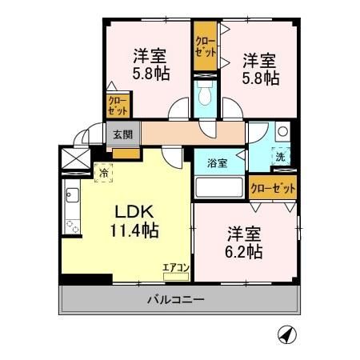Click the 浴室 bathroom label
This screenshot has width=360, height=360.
218,162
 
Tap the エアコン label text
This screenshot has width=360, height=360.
175,266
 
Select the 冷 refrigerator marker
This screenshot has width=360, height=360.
104,170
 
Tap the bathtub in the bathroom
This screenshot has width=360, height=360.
219,188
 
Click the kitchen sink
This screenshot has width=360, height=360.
70,194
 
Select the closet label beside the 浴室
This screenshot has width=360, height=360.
272,189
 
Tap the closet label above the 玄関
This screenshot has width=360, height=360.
116,107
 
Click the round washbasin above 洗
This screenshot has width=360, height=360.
281,133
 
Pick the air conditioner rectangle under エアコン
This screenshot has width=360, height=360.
175,276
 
